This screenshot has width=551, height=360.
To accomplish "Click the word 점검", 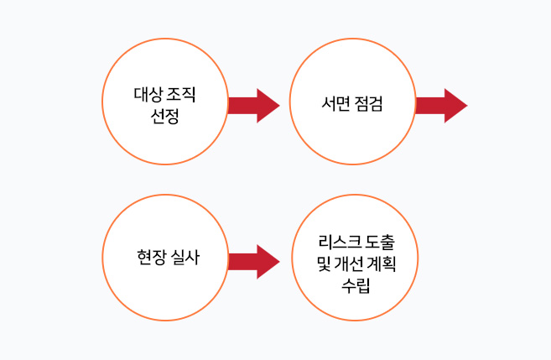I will [370, 104].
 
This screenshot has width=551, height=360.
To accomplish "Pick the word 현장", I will [148, 258].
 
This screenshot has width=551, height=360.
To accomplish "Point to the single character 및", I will [313, 263].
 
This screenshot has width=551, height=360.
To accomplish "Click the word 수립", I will [351, 284].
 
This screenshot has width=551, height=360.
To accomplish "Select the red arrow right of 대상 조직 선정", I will [253, 105].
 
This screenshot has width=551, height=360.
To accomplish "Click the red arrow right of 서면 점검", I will [441, 105].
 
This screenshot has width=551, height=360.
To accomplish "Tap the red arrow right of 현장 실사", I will [253, 262].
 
